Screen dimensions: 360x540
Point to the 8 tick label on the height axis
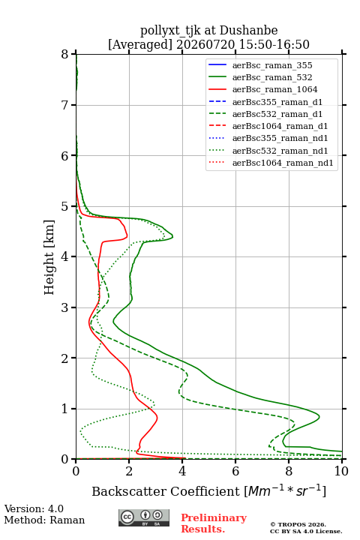tap(65, 54)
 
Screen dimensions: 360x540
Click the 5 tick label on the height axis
tap(65, 206)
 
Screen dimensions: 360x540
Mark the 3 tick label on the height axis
tap(65, 307)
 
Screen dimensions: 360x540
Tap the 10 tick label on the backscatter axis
tap(341, 471)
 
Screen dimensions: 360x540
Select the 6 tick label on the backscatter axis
tap(235, 471)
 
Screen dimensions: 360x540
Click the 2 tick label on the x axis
tap(129, 471)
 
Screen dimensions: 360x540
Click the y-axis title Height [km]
tap(49, 257)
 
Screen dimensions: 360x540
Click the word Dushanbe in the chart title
tap(248, 31)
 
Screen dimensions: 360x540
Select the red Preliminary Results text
tap(214, 523)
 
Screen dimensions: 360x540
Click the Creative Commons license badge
tap(144, 517)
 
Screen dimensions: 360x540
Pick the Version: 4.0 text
tap(34, 509)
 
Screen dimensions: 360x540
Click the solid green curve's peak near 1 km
tap(319, 417)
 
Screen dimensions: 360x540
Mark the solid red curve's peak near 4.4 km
tap(127, 236)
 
